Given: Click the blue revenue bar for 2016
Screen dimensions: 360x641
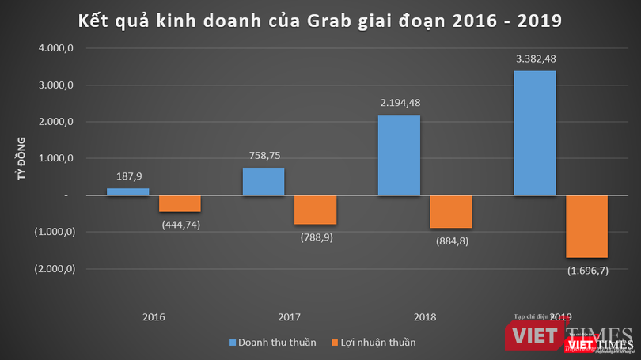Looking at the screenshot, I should [127, 191].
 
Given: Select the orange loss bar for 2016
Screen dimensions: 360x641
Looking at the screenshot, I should [180, 203].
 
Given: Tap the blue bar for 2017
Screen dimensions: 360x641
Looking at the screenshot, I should [263, 181].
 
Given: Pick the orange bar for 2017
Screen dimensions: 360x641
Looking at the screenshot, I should [316, 210].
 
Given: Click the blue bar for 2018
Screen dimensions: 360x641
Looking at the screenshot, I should [399, 155].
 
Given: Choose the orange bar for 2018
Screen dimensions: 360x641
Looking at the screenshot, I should [451, 211].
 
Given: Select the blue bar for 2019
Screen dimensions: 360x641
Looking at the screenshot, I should [535, 133].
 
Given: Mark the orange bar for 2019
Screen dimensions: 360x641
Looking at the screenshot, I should [587, 226].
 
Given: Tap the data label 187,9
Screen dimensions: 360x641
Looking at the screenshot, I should [127, 178].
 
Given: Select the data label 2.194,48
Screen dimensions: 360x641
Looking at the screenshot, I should [399, 104].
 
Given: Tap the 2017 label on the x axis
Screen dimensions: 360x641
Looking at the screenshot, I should [290, 317].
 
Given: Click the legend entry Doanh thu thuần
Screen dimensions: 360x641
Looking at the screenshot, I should [272, 343].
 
